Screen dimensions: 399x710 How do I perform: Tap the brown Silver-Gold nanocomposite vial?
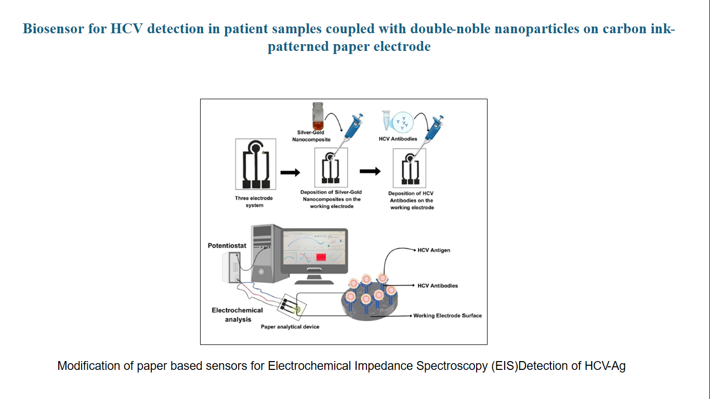point(317,116)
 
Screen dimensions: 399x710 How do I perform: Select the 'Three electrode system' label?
point(254,202)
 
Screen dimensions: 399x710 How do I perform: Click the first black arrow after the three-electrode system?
point(290,173)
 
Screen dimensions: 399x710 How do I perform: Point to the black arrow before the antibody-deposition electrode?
point(370,171)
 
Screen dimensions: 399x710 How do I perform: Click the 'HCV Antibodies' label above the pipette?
point(398,139)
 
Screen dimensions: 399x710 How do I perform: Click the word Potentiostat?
point(227,245)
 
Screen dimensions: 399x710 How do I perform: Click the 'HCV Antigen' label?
point(433,250)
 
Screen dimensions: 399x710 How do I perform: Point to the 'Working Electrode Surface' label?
point(447,315)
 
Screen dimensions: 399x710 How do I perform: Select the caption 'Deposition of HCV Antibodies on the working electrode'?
point(411,201)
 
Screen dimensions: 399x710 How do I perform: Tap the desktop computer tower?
point(265,249)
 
